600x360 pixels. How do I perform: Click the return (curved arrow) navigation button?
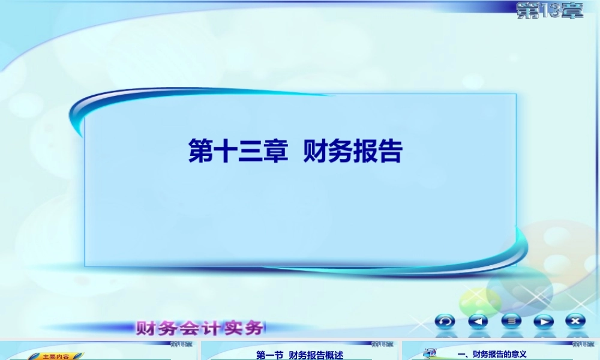click(x=445, y=321)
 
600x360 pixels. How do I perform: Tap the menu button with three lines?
click(x=511, y=321)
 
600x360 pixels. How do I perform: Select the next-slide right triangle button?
click(x=544, y=321)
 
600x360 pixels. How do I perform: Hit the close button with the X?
click(x=576, y=321)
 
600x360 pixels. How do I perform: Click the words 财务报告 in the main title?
click(x=353, y=152)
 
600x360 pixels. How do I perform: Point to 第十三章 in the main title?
click(x=238, y=152)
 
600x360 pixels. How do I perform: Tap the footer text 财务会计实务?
click(x=200, y=328)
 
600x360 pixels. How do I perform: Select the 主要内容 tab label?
click(x=56, y=356)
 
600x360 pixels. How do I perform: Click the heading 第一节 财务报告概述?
click(x=299, y=355)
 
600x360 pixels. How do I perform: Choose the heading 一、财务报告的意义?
click(x=491, y=355)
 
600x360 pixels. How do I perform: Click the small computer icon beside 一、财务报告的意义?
click(x=430, y=353)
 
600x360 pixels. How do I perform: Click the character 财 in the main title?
click(x=316, y=152)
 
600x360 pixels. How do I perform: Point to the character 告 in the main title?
click(x=389, y=152)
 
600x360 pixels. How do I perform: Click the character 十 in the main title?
click(x=226, y=152)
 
